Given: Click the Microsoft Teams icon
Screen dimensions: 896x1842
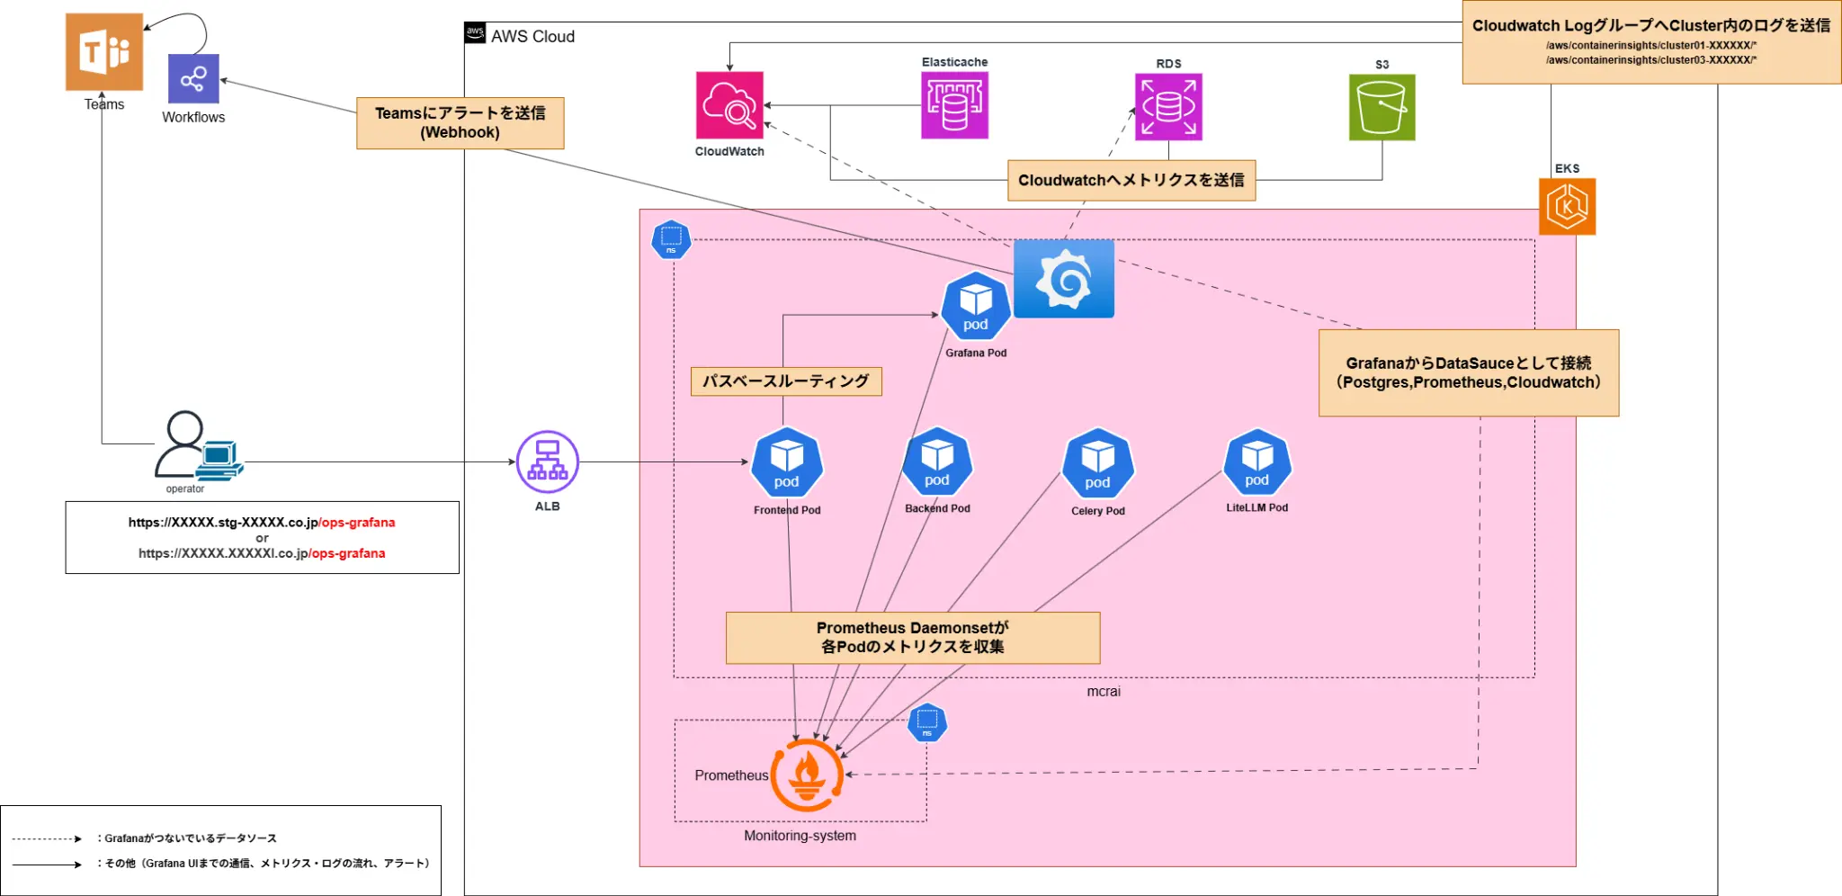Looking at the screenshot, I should click(x=104, y=51).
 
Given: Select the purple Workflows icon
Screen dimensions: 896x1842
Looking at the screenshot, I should click(x=193, y=79).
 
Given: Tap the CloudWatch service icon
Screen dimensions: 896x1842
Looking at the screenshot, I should click(x=729, y=105).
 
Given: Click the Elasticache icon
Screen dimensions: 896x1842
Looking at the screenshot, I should click(x=954, y=105).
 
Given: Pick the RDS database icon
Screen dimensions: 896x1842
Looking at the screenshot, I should click(x=1168, y=107).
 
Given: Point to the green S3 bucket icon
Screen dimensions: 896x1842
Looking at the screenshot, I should click(x=1381, y=107).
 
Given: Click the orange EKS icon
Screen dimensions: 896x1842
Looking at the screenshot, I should click(x=1567, y=206).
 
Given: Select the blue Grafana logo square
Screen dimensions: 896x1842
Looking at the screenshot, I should click(x=1064, y=278).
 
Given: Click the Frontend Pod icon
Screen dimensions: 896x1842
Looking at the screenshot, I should click(x=787, y=464).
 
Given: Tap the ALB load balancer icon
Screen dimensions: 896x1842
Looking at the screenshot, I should click(x=548, y=462).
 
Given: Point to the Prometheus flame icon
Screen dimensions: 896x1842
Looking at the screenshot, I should click(x=807, y=775).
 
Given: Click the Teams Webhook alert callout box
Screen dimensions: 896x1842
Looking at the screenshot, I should click(x=460, y=123).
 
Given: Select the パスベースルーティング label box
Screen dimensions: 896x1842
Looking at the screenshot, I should click(x=786, y=381).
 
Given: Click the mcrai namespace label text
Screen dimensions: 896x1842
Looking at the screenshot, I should click(x=1104, y=691).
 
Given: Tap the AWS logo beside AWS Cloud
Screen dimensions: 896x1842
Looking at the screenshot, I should click(x=475, y=33).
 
